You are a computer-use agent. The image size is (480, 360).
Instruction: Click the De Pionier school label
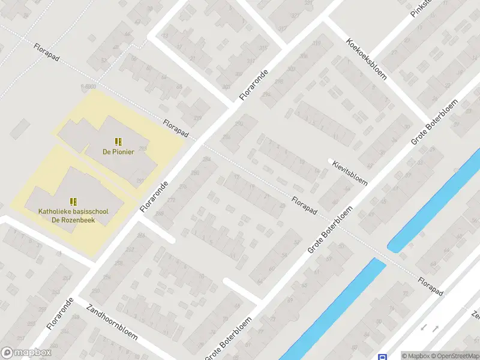(118, 152)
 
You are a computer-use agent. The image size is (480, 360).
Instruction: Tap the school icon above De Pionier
(118, 142)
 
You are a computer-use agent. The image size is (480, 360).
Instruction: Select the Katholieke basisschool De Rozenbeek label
(73, 215)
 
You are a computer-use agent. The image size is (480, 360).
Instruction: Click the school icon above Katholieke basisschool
(73, 202)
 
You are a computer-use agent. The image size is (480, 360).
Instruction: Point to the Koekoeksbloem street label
(366, 59)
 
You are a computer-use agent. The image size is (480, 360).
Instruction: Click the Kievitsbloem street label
(350, 173)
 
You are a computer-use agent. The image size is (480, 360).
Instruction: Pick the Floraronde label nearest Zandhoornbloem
(60, 313)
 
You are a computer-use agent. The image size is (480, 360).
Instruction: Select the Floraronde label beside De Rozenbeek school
(154, 196)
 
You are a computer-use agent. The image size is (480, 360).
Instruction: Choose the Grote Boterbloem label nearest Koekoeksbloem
(434, 122)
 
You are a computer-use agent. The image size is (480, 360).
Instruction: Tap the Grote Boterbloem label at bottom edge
(228, 340)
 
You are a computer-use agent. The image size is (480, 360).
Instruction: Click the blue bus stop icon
(382, 356)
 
